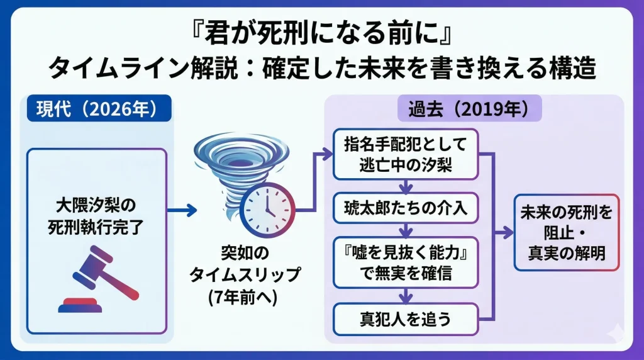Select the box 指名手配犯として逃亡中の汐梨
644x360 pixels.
[x=406, y=155]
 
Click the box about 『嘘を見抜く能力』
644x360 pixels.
[x=406, y=264]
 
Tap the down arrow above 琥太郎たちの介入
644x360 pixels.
[x=406, y=186]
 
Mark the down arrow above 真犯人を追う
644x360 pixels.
[x=406, y=296]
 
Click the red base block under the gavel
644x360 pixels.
[x=81, y=307]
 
